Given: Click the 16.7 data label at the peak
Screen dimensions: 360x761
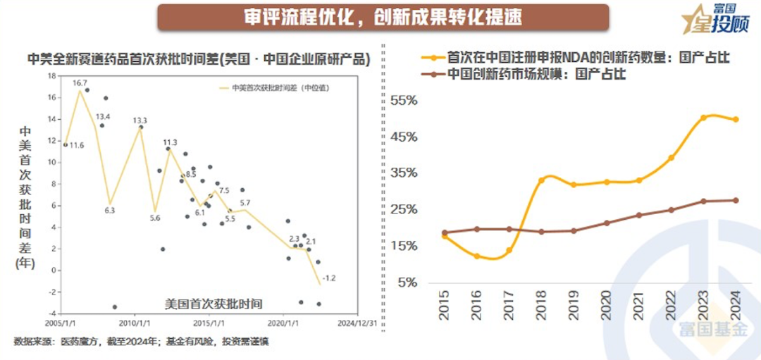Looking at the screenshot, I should [x=80, y=83].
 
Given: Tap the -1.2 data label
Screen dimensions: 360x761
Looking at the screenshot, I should [x=329, y=278].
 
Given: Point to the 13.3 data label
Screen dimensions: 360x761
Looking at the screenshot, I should [x=140, y=120].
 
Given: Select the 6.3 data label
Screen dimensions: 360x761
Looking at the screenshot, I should [x=110, y=210].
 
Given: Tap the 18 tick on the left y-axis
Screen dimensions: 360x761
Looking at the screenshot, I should [x=51, y=75].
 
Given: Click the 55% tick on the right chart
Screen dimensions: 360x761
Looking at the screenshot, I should [x=404, y=101].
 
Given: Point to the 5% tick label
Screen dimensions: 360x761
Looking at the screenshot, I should [x=408, y=282].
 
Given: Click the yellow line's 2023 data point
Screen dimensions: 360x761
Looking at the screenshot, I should [x=703, y=118].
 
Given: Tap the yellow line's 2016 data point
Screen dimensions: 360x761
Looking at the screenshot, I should [x=476, y=256].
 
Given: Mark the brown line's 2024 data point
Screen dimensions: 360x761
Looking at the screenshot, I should [x=736, y=200].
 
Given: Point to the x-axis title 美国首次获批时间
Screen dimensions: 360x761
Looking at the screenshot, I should [x=213, y=304].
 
